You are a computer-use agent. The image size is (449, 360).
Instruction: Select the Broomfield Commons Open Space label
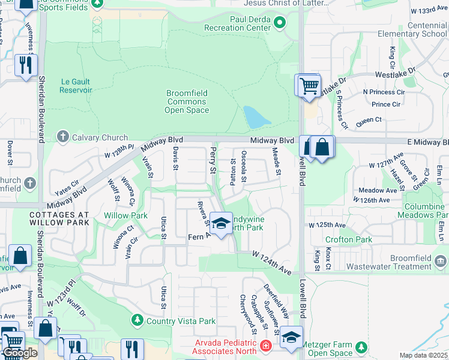(x=187, y=101)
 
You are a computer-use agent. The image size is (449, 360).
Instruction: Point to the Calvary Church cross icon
(x=62, y=137)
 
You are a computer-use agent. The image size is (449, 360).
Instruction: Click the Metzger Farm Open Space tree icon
(x=361, y=347)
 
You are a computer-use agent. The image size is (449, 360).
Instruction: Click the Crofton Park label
(x=349, y=239)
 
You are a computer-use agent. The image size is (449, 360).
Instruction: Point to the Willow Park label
(x=125, y=215)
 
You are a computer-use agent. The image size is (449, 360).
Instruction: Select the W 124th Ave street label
(x=271, y=263)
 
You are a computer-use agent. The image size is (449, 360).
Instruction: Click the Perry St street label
(x=212, y=161)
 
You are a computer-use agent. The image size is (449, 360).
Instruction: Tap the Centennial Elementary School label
(x=418, y=30)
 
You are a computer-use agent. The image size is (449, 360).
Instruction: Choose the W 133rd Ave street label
(x=426, y=11)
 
